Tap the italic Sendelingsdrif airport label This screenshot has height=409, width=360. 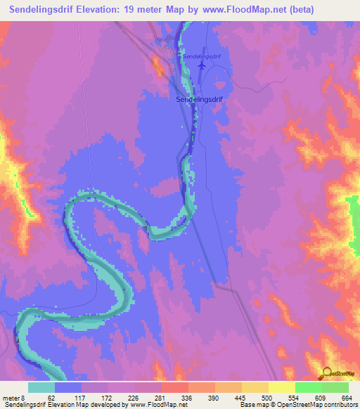[x=201, y=56]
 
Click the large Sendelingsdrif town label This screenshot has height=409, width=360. [x=198, y=100]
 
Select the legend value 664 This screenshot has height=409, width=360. [x=345, y=398]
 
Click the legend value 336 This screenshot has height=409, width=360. [x=174, y=398]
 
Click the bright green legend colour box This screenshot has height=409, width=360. [x=309, y=387]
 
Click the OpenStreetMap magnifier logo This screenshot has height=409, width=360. [x=327, y=373]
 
